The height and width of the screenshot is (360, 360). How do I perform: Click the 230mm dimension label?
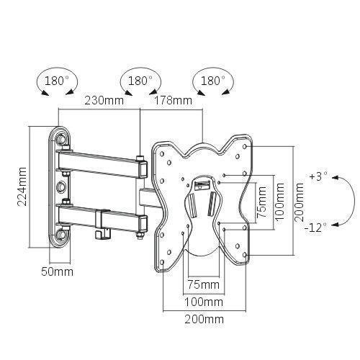click(104, 100)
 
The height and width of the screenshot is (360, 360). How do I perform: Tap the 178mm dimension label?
click(173, 100)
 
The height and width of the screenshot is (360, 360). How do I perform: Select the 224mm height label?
click(22, 186)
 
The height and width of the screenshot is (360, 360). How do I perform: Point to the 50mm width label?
click(57, 272)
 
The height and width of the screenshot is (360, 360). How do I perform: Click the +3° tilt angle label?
click(318, 177)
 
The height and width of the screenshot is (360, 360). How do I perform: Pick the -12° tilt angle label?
click(315, 227)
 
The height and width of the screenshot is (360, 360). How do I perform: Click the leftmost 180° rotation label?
click(57, 81)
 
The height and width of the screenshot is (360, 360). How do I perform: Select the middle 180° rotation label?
click(140, 81)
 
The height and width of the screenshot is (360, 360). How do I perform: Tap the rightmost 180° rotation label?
click(212, 81)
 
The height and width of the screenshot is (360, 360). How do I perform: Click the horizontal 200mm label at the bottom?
click(204, 320)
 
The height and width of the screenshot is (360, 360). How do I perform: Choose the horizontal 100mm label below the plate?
click(204, 302)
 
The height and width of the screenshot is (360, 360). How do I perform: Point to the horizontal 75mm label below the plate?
click(203, 284)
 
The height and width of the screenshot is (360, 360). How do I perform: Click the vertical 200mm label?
click(299, 202)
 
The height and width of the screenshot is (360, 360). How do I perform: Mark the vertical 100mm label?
click(279, 202)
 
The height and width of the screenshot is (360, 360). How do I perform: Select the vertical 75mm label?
click(261, 202)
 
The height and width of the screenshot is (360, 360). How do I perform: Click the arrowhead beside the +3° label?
click(335, 178)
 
